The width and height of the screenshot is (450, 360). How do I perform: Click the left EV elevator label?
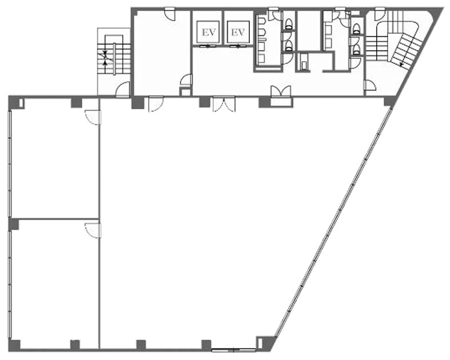click(209, 33)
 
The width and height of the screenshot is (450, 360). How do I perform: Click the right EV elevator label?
click(238, 32)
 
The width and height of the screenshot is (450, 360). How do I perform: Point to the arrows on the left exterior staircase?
click(105, 57)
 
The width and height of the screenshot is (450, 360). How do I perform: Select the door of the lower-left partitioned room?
click(93, 231)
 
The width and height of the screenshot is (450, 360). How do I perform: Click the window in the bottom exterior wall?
click(233, 350)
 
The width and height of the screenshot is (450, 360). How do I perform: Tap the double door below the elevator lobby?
click(224, 104)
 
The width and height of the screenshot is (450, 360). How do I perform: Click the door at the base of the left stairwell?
click(123, 89)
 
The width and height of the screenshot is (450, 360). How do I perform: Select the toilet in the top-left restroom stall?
click(289, 24)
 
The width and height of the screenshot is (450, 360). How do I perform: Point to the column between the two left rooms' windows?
click(14, 224)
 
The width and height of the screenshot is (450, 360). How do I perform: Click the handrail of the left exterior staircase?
click(114, 59)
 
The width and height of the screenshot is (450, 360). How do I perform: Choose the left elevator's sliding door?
click(208, 45)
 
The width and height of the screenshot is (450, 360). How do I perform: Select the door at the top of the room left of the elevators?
click(170, 14)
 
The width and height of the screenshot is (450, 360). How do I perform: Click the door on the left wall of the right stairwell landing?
click(370, 86)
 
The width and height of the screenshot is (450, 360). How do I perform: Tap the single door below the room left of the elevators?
click(156, 104)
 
